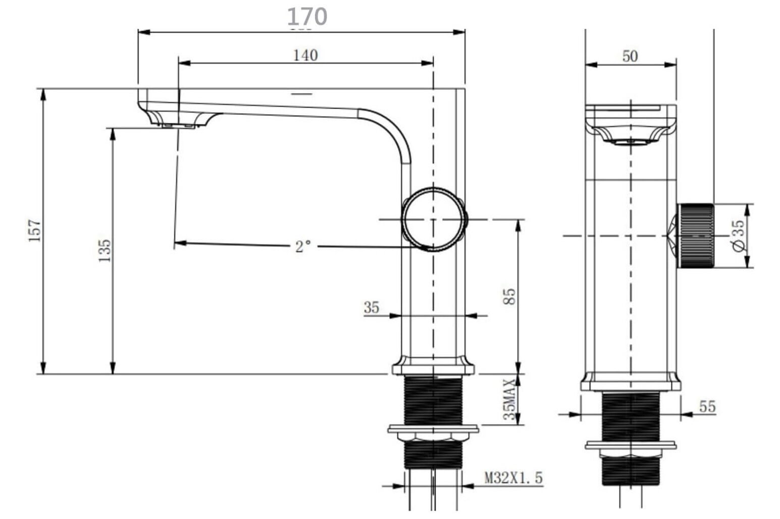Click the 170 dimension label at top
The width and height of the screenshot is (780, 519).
[x=307, y=17]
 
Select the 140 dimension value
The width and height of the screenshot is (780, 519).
[x=305, y=55]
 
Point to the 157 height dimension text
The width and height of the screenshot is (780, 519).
[x=34, y=230]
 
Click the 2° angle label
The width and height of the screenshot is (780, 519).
[x=303, y=247]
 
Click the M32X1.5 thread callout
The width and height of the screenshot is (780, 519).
[x=513, y=478]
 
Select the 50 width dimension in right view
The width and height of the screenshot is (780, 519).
[x=630, y=56]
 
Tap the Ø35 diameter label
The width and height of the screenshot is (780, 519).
[x=738, y=235]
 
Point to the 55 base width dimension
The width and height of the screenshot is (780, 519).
[x=707, y=406]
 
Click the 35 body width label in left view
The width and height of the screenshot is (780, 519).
[x=371, y=307]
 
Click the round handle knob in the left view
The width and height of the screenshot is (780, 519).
[x=433, y=219]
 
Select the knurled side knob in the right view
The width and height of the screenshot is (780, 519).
[x=695, y=235]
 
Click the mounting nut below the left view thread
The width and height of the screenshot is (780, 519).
[x=433, y=437]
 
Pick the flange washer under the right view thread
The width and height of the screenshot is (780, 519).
[x=631, y=446]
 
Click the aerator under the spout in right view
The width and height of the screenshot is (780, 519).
[x=631, y=142]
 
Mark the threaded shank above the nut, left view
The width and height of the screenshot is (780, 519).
[x=433, y=400]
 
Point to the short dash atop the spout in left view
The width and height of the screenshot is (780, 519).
[x=301, y=94]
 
